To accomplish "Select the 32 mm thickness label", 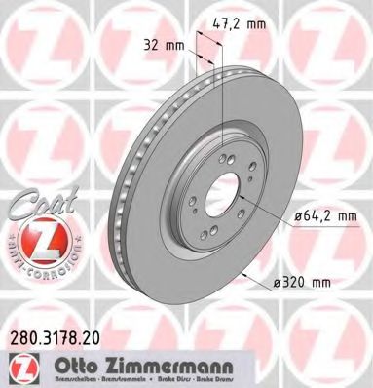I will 165,44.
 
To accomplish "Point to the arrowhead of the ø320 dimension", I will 238,276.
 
